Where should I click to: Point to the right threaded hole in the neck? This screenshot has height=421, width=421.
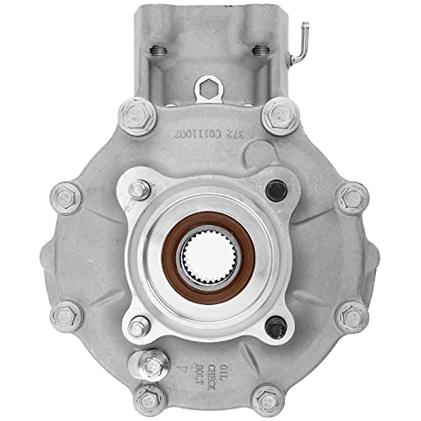point(260,51)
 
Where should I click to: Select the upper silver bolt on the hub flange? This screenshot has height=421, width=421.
point(140,191)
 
